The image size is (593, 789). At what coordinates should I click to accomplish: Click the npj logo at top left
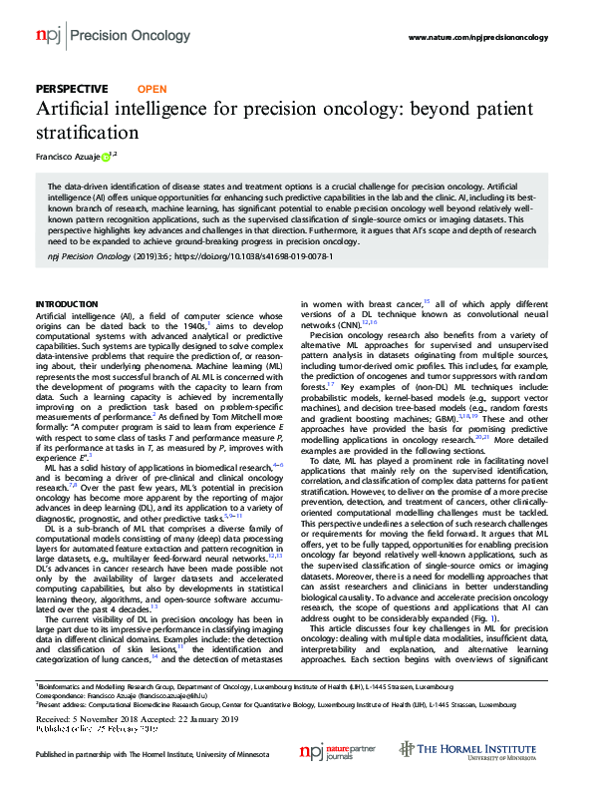coord(48,36)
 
